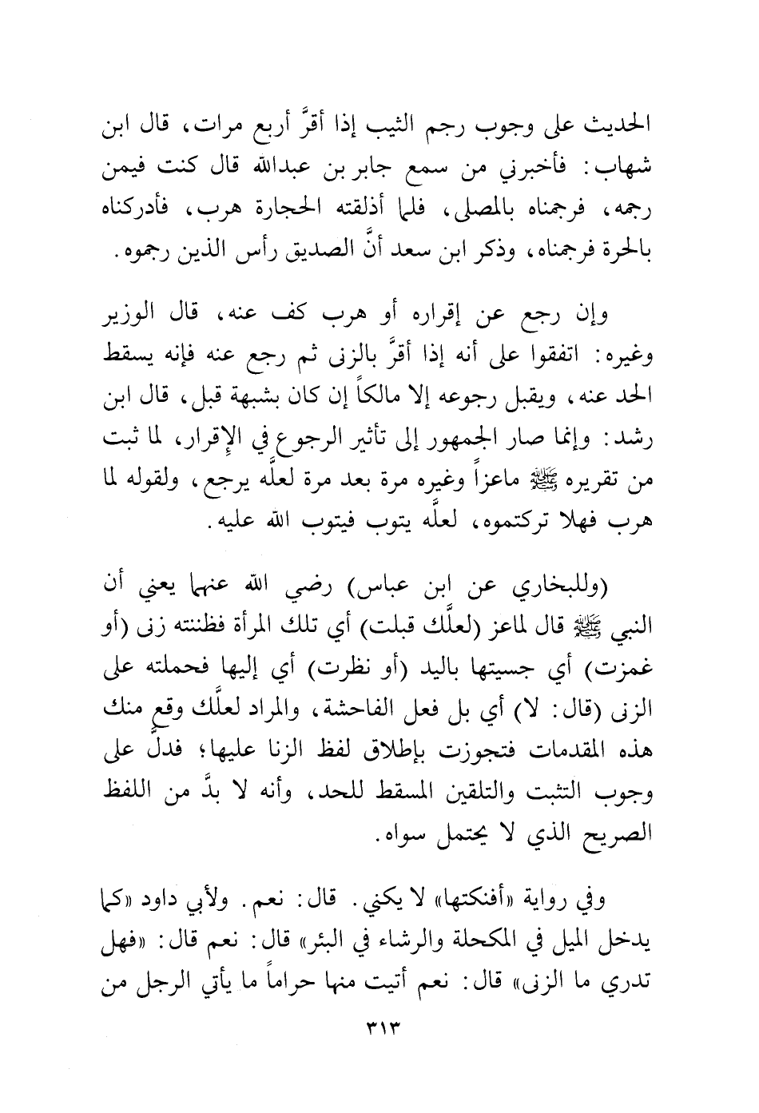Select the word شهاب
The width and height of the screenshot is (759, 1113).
627,169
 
